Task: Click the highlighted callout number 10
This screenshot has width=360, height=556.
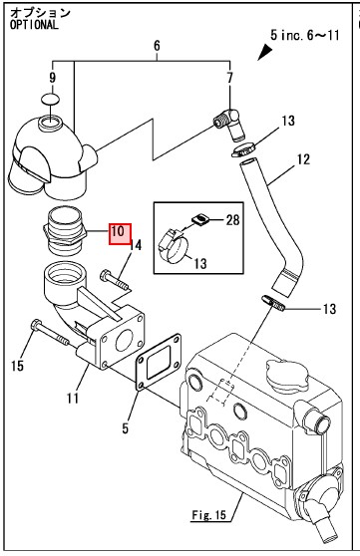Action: pos(120,234)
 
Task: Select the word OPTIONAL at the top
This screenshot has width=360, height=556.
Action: pos(34,25)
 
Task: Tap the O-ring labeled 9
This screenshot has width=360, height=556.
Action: pos(50,99)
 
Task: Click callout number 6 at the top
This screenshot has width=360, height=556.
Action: pos(157,46)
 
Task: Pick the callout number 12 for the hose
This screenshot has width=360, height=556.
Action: pos(303,159)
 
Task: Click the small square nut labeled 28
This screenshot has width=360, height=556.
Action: pos(200,219)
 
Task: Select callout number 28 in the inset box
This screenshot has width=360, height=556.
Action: pos(233,220)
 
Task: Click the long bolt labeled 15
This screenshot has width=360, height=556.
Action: pos(50,332)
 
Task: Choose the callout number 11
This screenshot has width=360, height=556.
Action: pos(73,399)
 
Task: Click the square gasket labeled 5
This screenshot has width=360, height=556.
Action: pos(159,362)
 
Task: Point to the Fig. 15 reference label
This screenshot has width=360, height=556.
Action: pos(208,514)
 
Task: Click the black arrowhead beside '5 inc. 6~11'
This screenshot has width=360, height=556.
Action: pos(265,53)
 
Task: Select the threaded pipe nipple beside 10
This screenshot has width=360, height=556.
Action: pos(64,231)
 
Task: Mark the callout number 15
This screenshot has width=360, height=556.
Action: pos(17,366)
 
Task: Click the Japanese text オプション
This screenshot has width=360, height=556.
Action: pos(40,12)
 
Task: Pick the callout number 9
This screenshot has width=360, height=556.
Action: pos(52,77)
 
